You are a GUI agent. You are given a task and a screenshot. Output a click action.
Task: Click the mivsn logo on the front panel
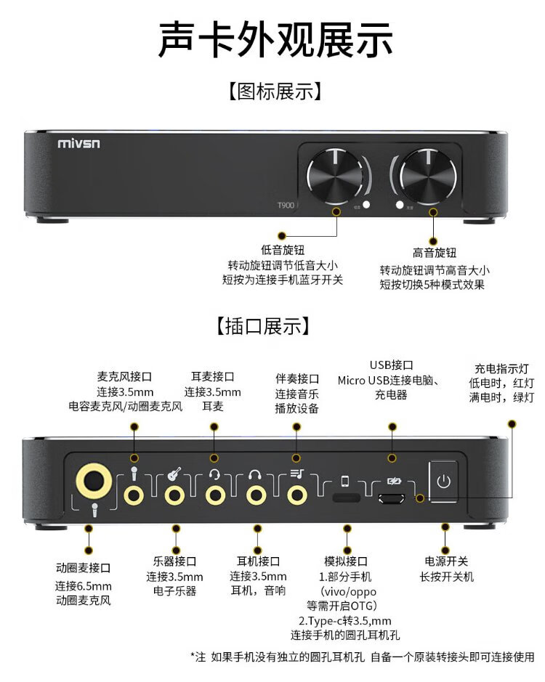pyautogui.click(x=78, y=143)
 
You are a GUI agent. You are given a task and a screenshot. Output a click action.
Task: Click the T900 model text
pyautogui.click(x=286, y=205)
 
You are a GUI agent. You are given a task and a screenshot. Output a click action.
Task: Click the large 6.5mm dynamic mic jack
pyautogui.click(x=94, y=482)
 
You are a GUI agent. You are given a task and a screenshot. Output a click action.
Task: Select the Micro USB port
pyautogui.click(x=392, y=498)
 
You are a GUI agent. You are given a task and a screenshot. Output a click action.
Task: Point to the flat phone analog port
pyautogui.click(x=347, y=497)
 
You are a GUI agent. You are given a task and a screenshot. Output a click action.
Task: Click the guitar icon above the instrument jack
pyautogui.click(x=174, y=474)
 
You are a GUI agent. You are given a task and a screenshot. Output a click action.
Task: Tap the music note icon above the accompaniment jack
pyautogui.click(x=297, y=474)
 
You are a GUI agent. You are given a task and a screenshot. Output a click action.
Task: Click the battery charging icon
pyautogui.click(x=394, y=481)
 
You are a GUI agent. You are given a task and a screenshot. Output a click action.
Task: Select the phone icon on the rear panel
pyautogui.click(x=344, y=481)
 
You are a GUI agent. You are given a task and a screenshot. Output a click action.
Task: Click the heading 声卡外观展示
pyautogui.click(x=275, y=39)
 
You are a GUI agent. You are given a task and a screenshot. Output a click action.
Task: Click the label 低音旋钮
pyautogui.click(x=283, y=250)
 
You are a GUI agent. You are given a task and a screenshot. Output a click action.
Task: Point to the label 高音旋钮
pyautogui.click(x=434, y=253)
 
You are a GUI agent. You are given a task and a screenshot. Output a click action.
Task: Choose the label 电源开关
pyautogui.click(x=446, y=561)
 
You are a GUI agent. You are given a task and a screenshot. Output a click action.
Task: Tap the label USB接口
pyautogui.click(x=392, y=365)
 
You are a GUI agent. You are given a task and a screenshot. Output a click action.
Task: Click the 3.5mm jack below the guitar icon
pyautogui.click(x=174, y=495)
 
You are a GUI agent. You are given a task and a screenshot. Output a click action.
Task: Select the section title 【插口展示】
pyautogui.click(x=263, y=326)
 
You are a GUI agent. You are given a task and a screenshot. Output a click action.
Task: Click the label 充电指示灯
pyautogui.click(x=501, y=369)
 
